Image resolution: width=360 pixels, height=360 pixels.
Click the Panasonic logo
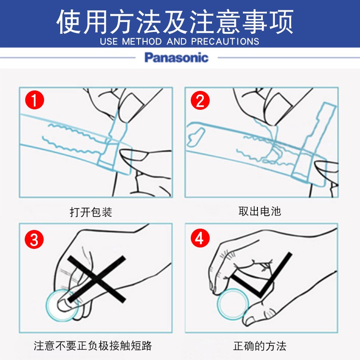(x=176, y=58)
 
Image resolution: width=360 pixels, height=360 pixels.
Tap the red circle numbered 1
(x=35, y=100)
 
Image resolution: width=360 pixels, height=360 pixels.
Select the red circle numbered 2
(x=200, y=100)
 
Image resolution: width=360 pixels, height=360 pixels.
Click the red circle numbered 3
(x=34, y=239)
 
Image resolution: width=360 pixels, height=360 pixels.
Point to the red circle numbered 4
(x=200, y=238)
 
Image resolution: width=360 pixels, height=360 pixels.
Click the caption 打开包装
(x=91, y=212)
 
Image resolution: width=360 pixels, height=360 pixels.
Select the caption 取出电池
(x=260, y=211)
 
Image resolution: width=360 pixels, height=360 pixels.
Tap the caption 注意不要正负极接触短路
(x=93, y=346)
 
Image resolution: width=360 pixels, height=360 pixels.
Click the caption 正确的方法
(x=260, y=346)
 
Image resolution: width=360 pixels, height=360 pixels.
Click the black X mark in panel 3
(x=97, y=279)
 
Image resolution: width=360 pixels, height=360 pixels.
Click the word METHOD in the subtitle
(x=142, y=41)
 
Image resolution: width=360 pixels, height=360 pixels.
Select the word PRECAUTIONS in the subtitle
(x=225, y=41)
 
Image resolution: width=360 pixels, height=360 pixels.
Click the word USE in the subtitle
(x=109, y=41)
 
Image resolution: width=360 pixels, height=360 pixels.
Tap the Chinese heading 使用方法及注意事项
(x=175, y=22)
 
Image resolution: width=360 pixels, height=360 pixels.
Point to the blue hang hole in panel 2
(x=195, y=138)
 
